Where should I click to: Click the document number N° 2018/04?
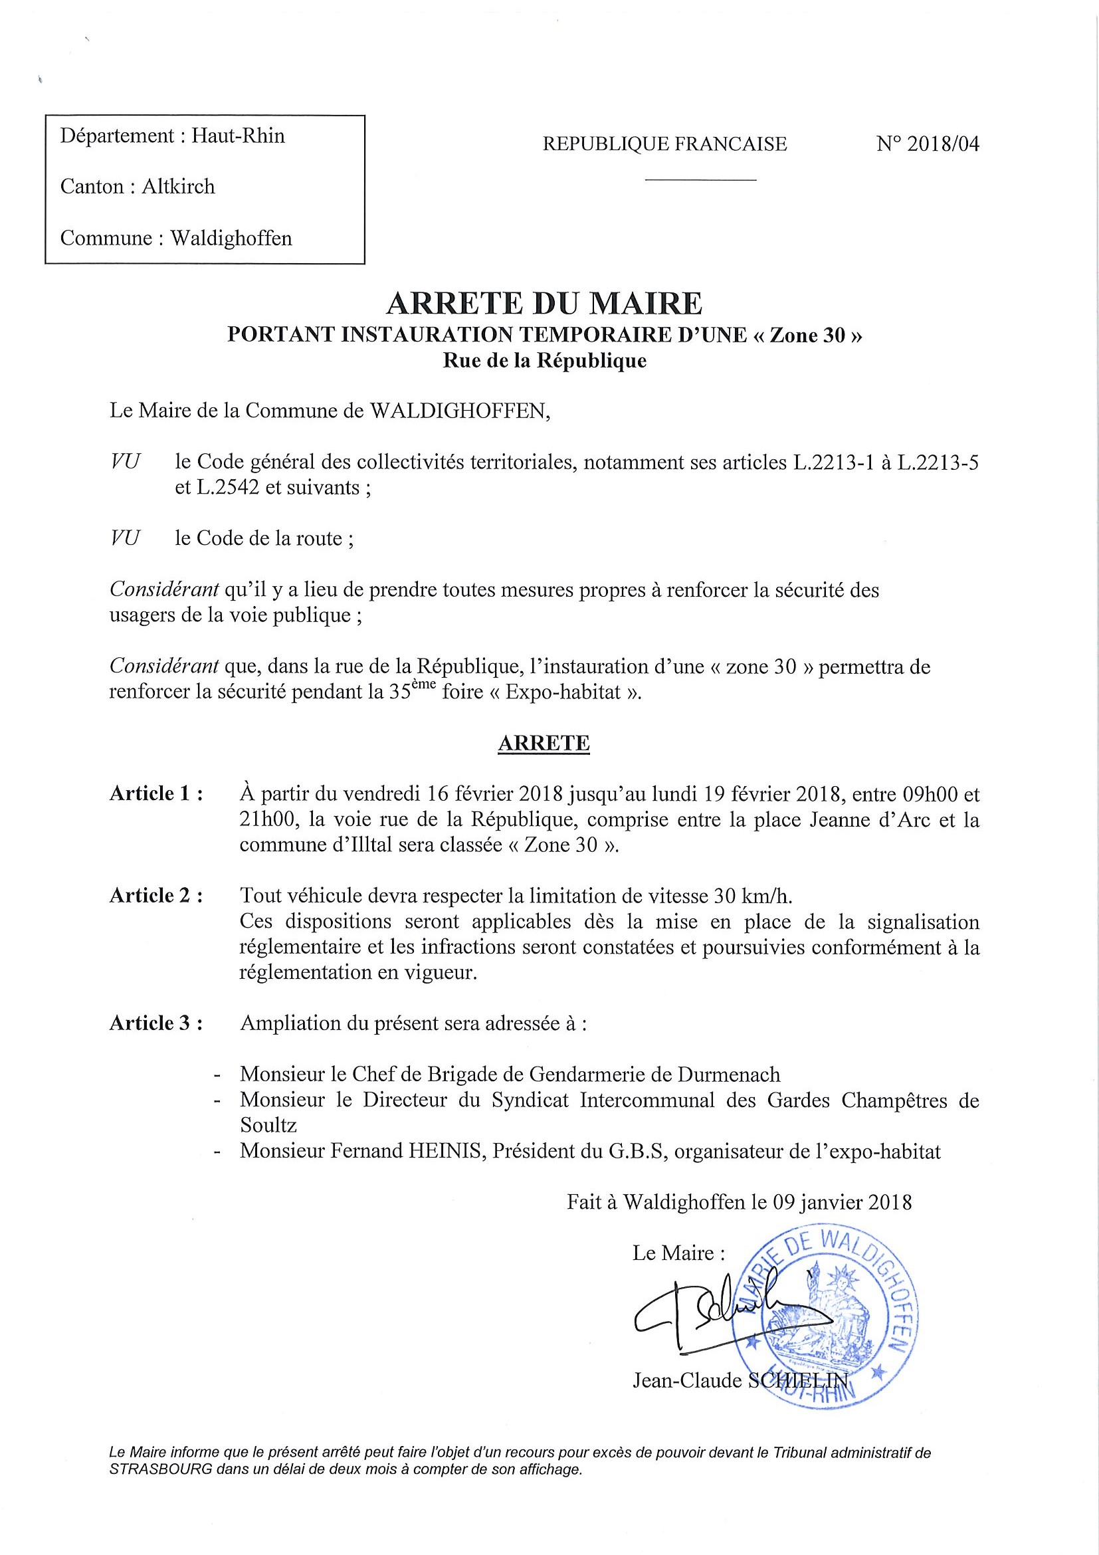[x=927, y=144]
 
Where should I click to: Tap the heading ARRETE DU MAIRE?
[x=544, y=304]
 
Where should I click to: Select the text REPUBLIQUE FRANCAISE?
[x=664, y=144]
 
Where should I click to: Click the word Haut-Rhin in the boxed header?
[x=238, y=136]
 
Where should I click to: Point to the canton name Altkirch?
[x=178, y=186]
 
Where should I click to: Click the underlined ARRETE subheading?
[x=544, y=744]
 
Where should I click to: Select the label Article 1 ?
[x=156, y=793]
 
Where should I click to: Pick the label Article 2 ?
[x=156, y=896]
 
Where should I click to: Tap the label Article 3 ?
[x=156, y=1023]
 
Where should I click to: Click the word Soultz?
[x=268, y=1125]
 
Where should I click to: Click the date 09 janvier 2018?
[x=840, y=1202]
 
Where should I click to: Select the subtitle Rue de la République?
[x=544, y=361]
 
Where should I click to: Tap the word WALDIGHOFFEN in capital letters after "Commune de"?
[x=458, y=411]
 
